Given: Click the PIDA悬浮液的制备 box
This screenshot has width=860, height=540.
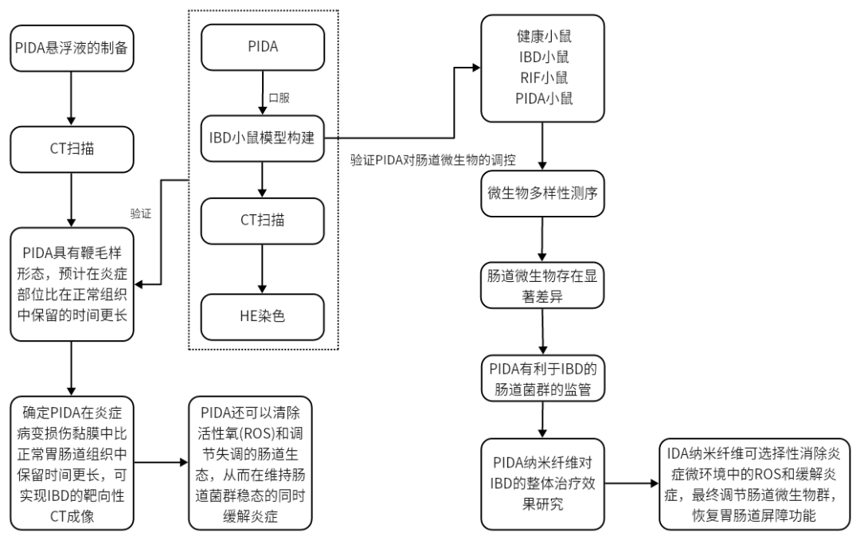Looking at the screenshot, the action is (71, 48).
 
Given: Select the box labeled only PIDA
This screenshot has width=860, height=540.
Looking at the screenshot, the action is (263, 47).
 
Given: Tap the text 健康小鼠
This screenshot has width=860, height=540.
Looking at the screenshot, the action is (543, 37).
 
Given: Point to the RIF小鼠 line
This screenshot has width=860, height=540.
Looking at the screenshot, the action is (543, 78).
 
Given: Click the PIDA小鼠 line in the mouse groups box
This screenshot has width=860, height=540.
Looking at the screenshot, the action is (543, 99).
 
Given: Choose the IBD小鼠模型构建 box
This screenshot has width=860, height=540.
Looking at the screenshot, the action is (263, 138).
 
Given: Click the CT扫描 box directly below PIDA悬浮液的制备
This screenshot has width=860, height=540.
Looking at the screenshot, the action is (71, 149).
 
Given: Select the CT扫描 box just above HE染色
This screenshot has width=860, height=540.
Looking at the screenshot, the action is (263, 221).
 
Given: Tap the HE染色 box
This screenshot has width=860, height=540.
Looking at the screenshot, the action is (263, 316).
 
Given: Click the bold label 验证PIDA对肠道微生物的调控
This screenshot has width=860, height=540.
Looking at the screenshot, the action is (433, 160).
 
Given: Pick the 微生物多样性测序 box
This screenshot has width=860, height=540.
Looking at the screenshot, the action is (543, 193).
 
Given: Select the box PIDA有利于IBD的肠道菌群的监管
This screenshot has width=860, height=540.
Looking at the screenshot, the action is (543, 379).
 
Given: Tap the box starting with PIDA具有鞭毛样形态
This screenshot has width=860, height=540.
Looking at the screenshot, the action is (71, 284).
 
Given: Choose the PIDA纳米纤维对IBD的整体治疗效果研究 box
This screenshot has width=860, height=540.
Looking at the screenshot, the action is (543, 483).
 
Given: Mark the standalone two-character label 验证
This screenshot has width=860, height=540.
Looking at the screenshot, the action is (141, 214).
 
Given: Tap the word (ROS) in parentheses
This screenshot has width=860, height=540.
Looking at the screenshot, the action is (255, 435).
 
